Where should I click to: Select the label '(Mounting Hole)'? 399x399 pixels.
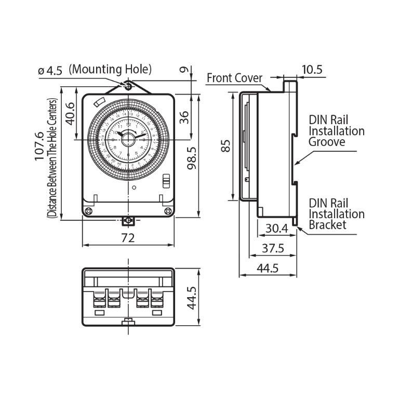coord(110,69)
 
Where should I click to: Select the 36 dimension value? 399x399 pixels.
coord(183,116)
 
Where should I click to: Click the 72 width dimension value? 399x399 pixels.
coord(128,237)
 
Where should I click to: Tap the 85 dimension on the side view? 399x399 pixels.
coord(225,147)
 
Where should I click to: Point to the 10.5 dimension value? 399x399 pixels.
coord(312,69)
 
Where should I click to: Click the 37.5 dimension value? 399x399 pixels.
coord(272,248)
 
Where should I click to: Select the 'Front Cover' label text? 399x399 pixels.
coord(235,78)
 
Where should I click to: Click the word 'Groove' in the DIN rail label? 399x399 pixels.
coord(327,142)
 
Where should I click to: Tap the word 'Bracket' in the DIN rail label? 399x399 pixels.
coord(327,225)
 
